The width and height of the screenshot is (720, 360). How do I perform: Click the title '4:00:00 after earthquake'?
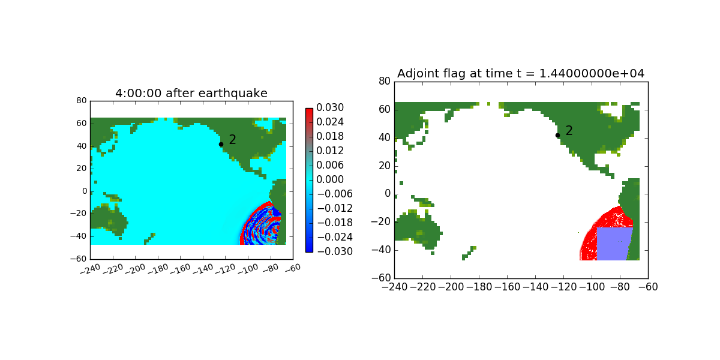point(191,93)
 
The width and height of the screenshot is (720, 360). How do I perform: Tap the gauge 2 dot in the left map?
point(221,145)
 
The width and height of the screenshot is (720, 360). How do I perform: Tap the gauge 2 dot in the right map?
point(557,136)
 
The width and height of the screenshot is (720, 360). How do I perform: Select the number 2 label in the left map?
point(232,139)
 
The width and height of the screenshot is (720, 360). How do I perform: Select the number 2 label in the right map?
point(569,131)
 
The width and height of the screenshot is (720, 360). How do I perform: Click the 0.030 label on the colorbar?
point(330,107)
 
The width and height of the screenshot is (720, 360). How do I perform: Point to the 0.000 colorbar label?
point(330,179)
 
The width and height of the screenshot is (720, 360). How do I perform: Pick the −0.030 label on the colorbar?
point(335,251)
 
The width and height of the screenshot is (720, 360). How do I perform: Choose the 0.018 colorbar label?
point(330,136)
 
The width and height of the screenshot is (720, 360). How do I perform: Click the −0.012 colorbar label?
point(335,208)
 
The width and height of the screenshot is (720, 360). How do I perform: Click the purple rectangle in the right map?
point(614,244)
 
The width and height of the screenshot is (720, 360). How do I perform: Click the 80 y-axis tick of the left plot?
point(82,101)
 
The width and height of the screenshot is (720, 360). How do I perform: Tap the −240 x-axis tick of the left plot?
point(90,269)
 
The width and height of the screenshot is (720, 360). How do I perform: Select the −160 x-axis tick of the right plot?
point(507,287)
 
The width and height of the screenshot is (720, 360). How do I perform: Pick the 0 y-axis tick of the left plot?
point(85,191)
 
